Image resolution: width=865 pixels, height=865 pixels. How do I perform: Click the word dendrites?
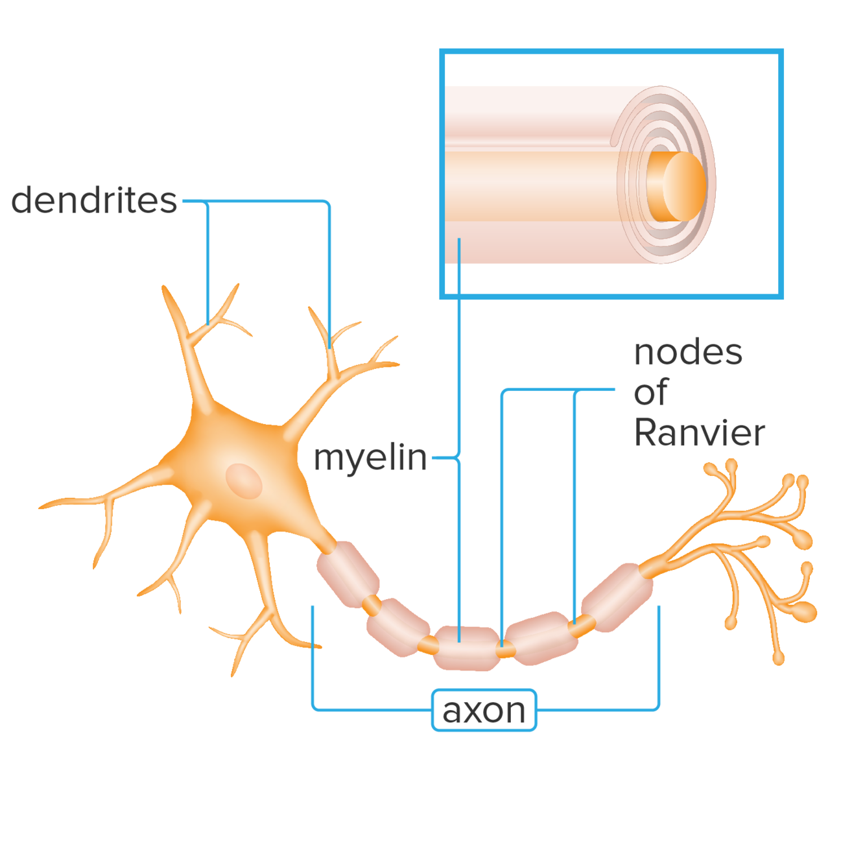point(94,200)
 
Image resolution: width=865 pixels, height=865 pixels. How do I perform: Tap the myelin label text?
point(370,458)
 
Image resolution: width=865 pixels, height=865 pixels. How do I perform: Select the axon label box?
point(484,711)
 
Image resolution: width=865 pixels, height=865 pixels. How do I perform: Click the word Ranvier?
point(700,433)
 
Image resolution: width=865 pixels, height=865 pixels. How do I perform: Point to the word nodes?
point(688,353)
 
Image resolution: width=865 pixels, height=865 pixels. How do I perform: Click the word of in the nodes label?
point(650,393)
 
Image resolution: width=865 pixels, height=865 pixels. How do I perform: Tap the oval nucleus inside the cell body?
point(243,481)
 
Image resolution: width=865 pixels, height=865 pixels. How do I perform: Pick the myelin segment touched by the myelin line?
point(466,648)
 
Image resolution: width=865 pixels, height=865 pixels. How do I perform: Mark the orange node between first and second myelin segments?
point(372,606)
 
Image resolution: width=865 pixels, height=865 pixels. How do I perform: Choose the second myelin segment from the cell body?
point(397,626)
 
